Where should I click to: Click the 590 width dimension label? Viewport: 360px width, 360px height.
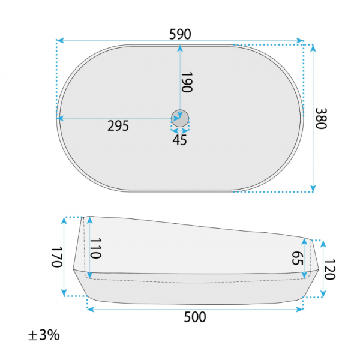(x=180, y=34)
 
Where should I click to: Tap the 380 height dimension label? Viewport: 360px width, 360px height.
(x=321, y=118)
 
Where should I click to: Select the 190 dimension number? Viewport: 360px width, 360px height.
(x=187, y=82)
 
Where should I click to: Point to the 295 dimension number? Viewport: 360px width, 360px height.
(x=118, y=126)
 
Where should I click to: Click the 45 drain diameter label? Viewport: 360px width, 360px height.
(x=180, y=140)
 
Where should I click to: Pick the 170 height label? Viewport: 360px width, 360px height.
(x=57, y=257)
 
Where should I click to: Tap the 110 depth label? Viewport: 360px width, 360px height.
(x=95, y=248)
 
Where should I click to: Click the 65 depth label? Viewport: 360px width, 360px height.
(x=298, y=258)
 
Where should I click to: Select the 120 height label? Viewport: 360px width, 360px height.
(x=329, y=269)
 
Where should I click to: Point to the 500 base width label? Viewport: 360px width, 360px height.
(x=195, y=317)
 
